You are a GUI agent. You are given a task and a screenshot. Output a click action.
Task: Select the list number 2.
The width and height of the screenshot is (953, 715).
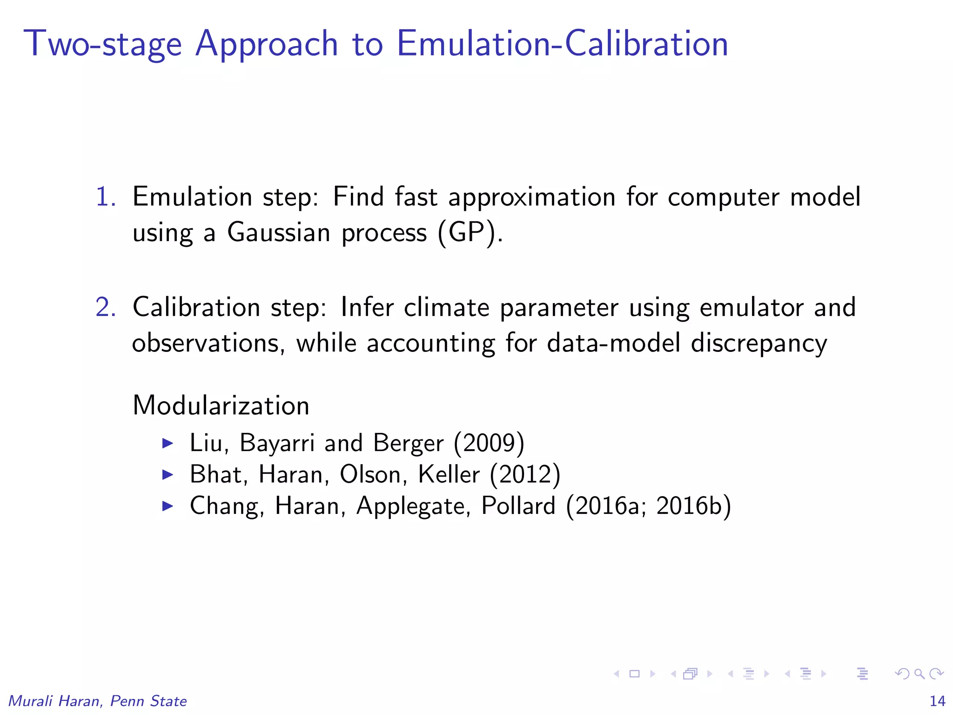point(106,307)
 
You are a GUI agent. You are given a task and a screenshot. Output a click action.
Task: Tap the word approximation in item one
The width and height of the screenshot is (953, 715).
point(531,197)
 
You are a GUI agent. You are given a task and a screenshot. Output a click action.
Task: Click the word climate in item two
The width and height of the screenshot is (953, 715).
point(446,307)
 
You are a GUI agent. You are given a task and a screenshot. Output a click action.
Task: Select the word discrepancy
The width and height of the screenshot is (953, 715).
point(758,344)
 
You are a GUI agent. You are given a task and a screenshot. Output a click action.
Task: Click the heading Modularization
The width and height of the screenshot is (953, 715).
point(221,405)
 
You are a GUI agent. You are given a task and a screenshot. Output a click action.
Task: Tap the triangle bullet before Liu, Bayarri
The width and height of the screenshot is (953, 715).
point(168,443)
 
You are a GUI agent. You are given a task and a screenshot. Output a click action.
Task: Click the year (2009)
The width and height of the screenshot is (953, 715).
point(489,443)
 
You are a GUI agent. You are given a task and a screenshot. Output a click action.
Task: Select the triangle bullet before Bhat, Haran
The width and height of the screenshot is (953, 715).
point(168,475)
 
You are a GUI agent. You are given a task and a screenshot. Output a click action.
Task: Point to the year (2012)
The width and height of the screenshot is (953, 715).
point(525,474)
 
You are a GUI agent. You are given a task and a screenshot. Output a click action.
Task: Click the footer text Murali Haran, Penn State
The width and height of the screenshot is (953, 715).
point(98,701)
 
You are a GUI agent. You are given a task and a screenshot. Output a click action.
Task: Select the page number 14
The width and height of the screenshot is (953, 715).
point(937,701)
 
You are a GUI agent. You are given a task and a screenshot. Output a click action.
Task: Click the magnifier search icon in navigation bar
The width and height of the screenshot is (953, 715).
point(919,674)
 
